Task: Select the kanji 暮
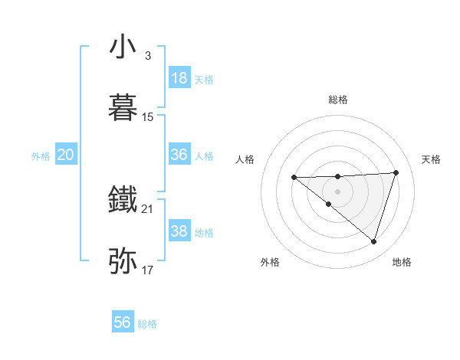click(123, 107)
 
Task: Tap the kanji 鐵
click(123, 199)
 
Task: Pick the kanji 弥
click(123, 260)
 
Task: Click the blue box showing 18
click(179, 78)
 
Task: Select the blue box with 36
click(179, 155)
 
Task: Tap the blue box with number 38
click(179, 231)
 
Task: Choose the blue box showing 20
click(66, 155)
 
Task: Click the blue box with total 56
click(123, 322)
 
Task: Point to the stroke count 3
click(147, 56)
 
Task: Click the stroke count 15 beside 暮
click(148, 117)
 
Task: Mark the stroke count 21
click(148, 209)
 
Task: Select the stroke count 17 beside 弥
click(148, 270)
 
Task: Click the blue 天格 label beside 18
click(204, 79)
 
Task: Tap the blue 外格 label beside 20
click(41, 155)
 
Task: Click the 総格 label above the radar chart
click(338, 100)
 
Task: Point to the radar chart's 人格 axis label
click(245, 159)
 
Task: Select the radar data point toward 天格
click(396, 172)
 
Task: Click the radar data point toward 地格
click(373, 241)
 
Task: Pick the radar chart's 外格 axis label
click(270, 262)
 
